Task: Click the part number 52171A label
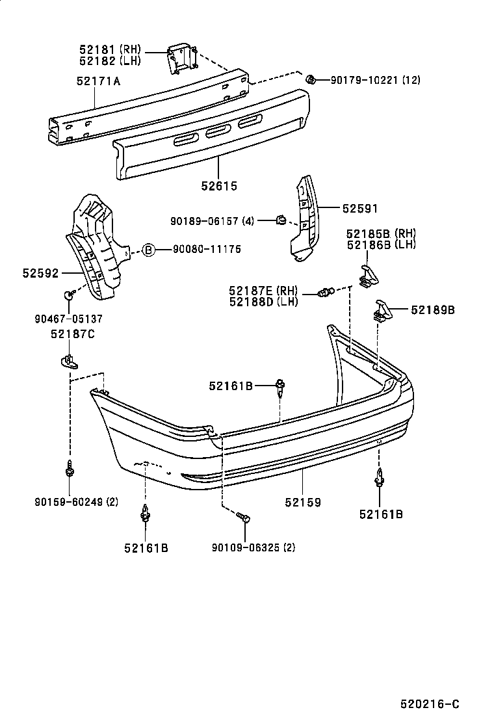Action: (98, 81)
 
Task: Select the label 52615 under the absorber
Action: (219, 186)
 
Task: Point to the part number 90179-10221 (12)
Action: (375, 81)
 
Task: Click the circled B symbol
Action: (148, 249)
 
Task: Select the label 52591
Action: (359, 208)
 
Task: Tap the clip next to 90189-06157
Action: (281, 221)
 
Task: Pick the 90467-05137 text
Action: (68, 319)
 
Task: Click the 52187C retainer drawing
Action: (67, 359)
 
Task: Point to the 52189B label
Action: (432, 310)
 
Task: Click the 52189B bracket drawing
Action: (382, 310)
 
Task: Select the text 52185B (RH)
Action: (381, 233)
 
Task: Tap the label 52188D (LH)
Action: (263, 301)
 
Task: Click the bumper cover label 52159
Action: (303, 503)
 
